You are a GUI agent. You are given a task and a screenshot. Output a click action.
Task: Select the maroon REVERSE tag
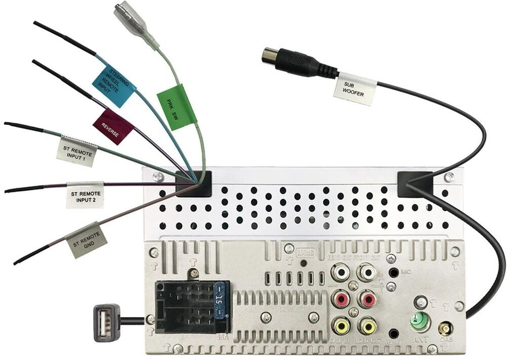pyautogui.click(x=112, y=126)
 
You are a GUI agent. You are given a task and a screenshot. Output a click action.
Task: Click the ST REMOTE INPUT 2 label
pyautogui.click(x=85, y=195)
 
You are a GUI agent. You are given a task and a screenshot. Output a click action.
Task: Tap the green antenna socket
pyautogui.click(x=420, y=322)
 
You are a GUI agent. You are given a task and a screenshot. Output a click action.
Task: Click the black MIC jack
pyautogui.click(x=393, y=273)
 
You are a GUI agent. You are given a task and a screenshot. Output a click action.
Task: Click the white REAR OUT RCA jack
pyautogui.click(x=341, y=274)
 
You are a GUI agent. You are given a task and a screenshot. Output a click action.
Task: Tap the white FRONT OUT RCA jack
pyautogui.click(x=365, y=274)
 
